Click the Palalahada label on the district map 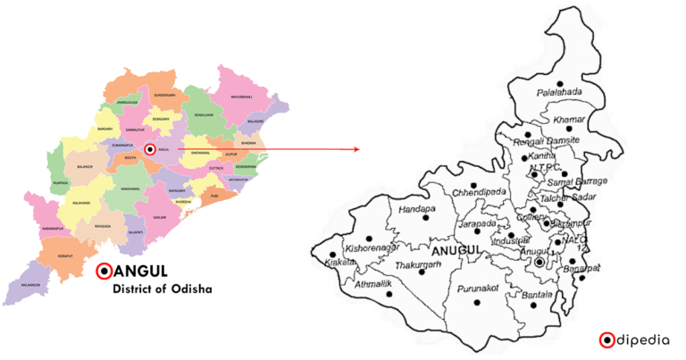pos(559,92)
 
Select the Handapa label pos(416,209)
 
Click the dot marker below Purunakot pos(477,302)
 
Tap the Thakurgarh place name pos(416,264)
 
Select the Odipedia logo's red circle pos(607,339)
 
